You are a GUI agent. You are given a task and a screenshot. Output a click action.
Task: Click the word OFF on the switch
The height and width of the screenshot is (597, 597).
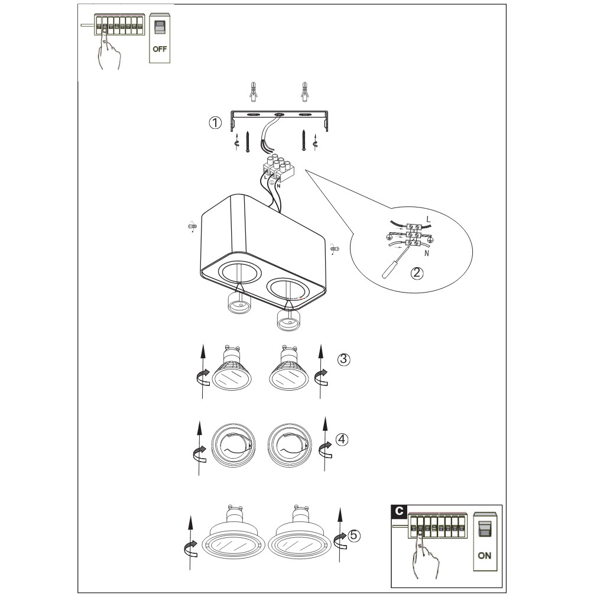pyautogui.click(x=160, y=49)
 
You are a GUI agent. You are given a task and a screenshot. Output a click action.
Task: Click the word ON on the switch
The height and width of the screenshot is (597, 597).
pyautogui.click(x=484, y=556)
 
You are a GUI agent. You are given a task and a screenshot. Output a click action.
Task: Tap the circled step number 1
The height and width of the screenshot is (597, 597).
pyautogui.click(x=215, y=122)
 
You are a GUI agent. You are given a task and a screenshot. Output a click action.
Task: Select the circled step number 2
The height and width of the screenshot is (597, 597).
pyautogui.click(x=417, y=272)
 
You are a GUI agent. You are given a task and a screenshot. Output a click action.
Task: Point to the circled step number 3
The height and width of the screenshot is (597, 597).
pyautogui.click(x=344, y=359)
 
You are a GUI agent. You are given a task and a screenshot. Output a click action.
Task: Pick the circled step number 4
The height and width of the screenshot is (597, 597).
pyautogui.click(x=342, y=439)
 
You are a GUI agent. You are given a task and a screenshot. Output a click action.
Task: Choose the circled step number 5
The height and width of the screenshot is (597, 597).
pyautogui.click(x=353, y=536)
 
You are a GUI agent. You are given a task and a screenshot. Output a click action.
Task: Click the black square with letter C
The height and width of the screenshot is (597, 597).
pyautogui.click(x=399, y=511)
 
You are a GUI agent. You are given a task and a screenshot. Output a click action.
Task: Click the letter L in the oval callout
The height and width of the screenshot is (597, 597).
pyautogui.click(x=429, y=219)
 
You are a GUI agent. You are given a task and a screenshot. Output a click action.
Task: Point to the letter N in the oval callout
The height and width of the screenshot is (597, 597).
pyautogui.click(x=426, y=253)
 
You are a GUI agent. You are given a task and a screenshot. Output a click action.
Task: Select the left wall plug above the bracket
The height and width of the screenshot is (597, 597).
pyautogui.click(x=253, y=92)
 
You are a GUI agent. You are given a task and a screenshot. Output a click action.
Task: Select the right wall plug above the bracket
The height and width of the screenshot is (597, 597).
pyautogui.click(x=304, y=92)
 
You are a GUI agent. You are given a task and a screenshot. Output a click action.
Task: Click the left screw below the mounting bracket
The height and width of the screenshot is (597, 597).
pyautogui.click(x=248, y=142)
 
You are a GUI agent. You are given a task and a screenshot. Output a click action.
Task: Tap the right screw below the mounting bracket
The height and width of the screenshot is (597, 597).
pyautogui.click(x=304, y=141)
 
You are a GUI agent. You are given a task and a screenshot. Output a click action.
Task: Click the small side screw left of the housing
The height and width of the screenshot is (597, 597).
pyautogui.click(x=192, y=226)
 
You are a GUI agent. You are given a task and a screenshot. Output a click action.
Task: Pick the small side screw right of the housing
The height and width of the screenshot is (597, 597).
pyautogui.click(x=335, y=249)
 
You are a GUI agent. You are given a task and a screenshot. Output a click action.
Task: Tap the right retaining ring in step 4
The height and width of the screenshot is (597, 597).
pyautogui.click(x=290, y=444)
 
